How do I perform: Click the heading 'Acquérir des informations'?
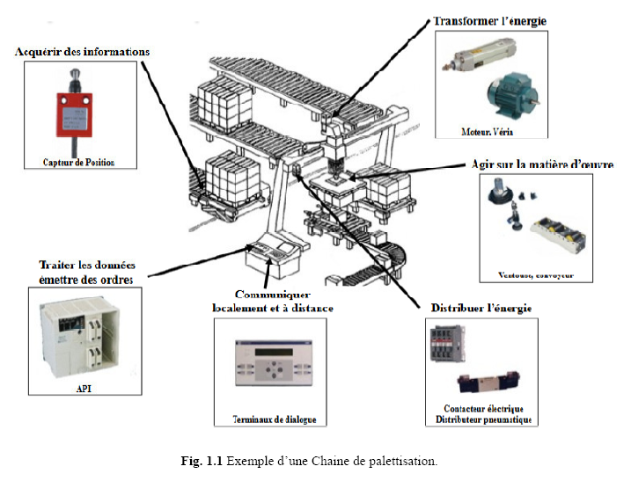tap(82, 51)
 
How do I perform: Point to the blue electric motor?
tap(510, 98)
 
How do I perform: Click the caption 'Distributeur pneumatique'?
tap(479, 419)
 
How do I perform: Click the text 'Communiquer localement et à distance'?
tap(272, 301)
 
